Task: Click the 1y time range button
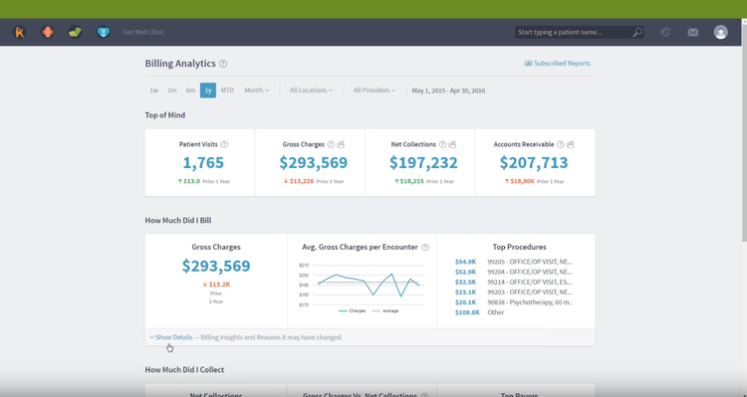[207, 91]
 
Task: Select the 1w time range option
[153, 91]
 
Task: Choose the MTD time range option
[227, 91]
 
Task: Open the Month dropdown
[256, 91]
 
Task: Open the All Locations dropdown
[311, 91]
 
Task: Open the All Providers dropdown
[374, 91]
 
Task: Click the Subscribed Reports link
[558, 64]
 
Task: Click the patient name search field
[573, 32]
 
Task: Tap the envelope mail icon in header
[692, 32]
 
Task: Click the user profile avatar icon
[720, 32]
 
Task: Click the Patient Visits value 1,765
[203, 162]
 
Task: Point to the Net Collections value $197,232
[423, 162]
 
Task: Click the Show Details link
[173, 337]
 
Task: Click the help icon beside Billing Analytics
[223, 64]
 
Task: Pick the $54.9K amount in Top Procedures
[466, 261]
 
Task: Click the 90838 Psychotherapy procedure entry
[530, 301]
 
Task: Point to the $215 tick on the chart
[304, 266]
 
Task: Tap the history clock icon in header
[665, 32]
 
